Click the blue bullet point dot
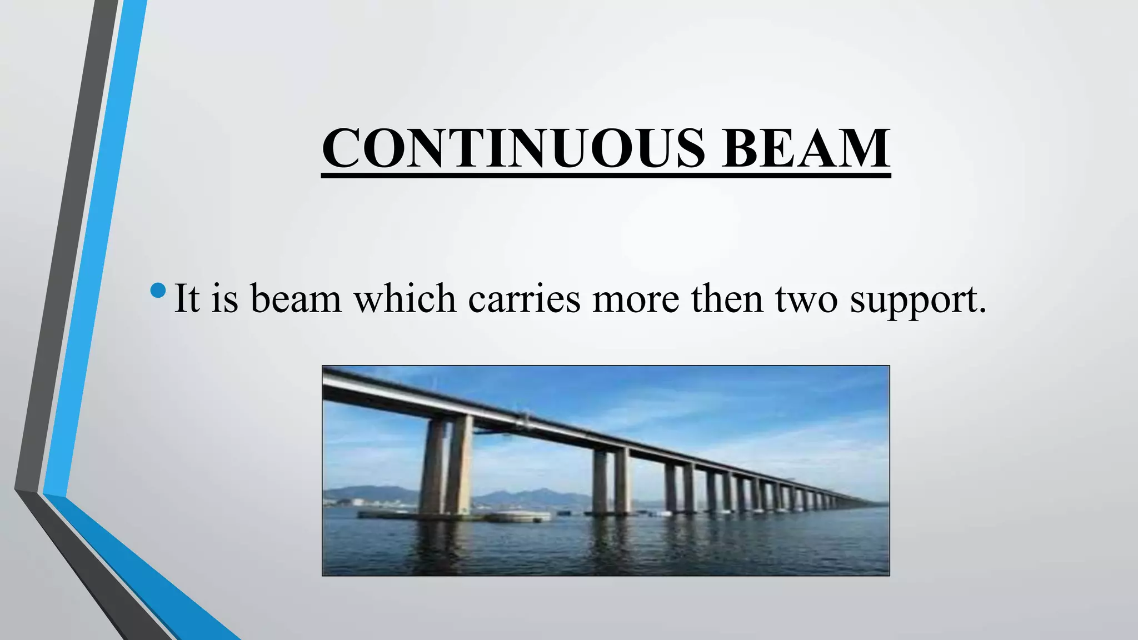coord(158,291)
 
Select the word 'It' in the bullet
coord(187,298)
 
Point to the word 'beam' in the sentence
coord(296,298)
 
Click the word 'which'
coord(405,298)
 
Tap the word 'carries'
coord(524,298)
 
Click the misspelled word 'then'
coord(727,298)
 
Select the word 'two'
coord(806,298)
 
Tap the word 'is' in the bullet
coord(225,298)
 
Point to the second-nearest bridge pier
coord(611,481)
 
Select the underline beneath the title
coord(606,176)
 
